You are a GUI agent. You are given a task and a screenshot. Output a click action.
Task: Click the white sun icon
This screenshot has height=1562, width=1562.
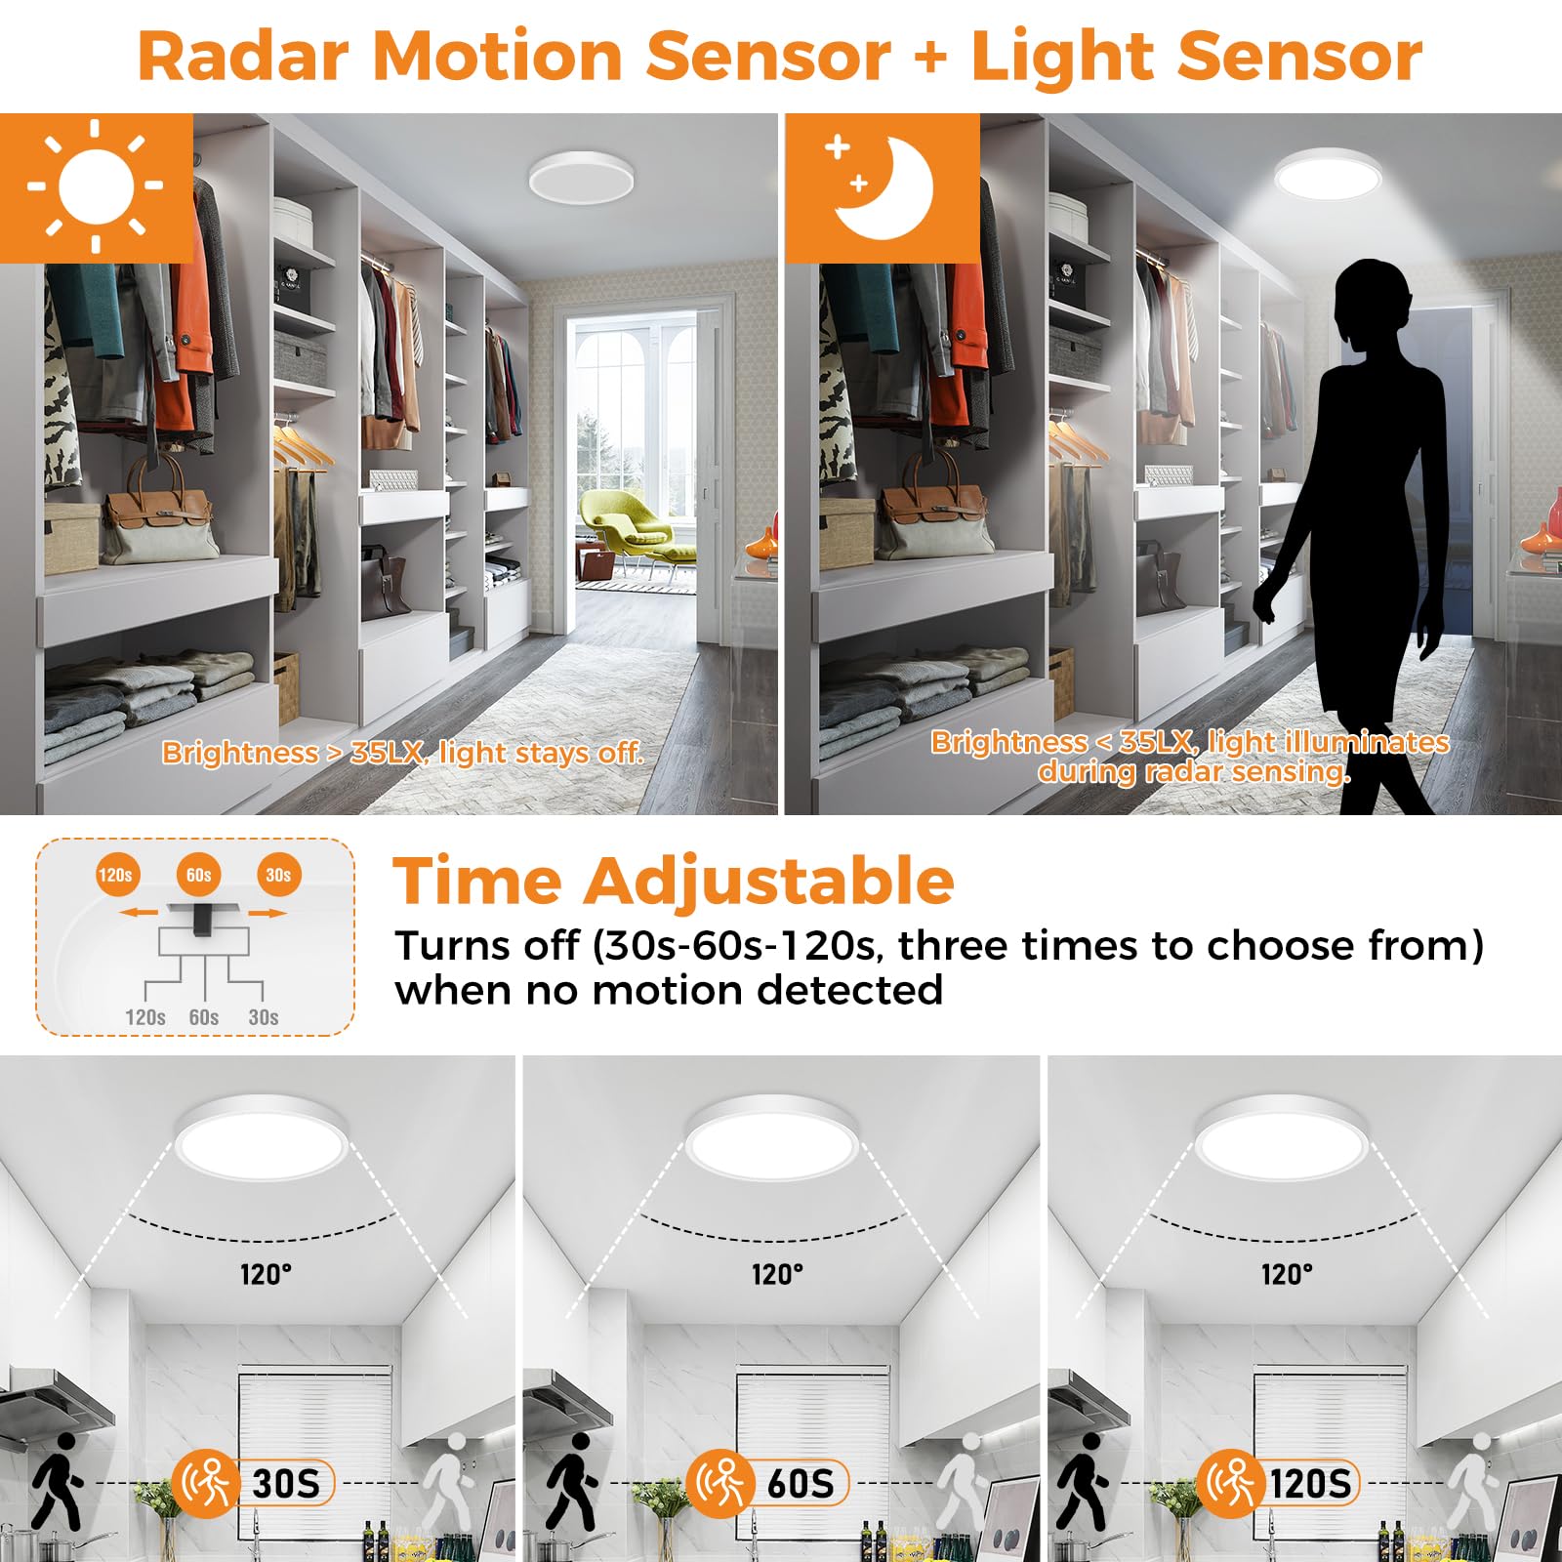pos(96,185)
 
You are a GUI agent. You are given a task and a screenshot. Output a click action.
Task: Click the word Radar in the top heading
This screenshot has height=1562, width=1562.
pos(243,56)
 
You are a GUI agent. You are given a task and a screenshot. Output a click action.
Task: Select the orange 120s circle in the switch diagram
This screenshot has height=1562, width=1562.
pos(115,875)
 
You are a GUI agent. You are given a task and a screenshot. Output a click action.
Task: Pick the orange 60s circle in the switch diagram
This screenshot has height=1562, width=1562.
pos(198,875)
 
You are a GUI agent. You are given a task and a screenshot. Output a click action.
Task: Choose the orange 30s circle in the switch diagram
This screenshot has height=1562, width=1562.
pos(278,875)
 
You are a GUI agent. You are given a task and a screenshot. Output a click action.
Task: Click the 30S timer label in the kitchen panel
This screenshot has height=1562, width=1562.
pos(285,1484)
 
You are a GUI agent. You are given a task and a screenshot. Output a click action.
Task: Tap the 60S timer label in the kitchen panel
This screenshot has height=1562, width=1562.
pos(800,1484)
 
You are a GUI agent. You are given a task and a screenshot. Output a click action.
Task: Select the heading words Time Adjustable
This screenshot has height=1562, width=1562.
pos(673,882)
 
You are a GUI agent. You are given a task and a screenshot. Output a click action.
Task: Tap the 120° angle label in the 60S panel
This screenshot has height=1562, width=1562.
pos(777,1274)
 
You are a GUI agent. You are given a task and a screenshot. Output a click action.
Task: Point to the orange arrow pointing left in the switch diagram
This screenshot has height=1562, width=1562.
pos(139,913)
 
